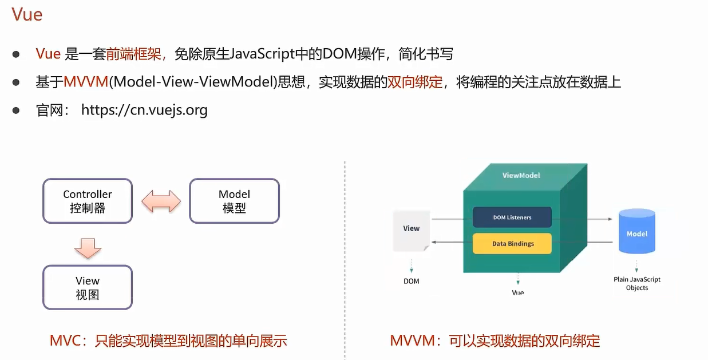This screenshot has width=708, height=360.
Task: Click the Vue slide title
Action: coord(27,14)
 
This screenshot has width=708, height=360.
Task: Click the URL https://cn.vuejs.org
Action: coord(144,110)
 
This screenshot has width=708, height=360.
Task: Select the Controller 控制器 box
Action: coord(88,201)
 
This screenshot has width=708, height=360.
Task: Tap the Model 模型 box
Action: coord(234,201)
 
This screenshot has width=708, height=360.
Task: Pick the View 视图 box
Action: coord(88,287)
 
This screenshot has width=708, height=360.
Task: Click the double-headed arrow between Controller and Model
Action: coord(161,201)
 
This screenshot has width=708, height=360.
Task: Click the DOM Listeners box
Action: coord(512,217)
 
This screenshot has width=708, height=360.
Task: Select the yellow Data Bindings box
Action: coord(512,244)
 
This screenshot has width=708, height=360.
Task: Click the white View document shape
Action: coord(411,230)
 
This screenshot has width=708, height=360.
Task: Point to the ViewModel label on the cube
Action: coord(521,175)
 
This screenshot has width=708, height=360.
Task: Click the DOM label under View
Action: coord(411,281)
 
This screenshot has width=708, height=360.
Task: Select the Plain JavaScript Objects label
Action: coord(636,283)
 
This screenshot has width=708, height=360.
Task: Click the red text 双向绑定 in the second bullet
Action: coord(415,82)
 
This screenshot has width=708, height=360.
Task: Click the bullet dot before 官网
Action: coord(17,110)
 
